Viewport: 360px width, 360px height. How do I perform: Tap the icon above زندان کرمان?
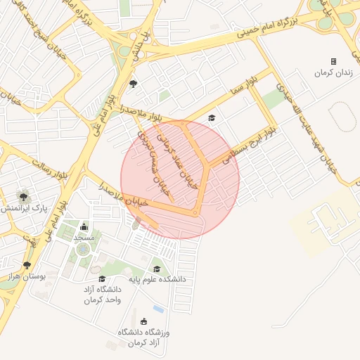pos(333,62)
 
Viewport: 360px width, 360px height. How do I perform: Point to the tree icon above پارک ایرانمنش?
pos(24,197)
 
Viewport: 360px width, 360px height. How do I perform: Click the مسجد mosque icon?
pos(84,226)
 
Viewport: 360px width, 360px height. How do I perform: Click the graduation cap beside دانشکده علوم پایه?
pos(157,269)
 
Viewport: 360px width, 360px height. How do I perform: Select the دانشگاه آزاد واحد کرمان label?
pos(103,295)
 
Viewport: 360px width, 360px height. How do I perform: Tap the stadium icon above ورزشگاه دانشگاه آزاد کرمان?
pos(145,321)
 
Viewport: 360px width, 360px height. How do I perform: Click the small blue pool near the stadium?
pos(159,309)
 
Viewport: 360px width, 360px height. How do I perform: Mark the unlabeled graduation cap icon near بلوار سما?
pos(211,117)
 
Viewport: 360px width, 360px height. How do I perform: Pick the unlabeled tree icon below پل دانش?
pos(133,84)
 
